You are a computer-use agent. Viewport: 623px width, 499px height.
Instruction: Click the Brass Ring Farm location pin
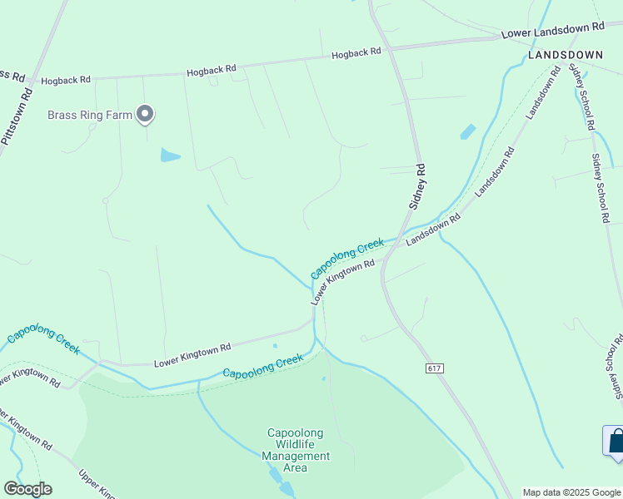pyautogui.click(x=146, y=113)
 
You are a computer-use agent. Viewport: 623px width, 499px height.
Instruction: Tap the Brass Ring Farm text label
pyautogui.click(x=90, y=115)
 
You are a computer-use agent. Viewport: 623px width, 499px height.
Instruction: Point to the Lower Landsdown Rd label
pyautogui.click(x=552, y=31)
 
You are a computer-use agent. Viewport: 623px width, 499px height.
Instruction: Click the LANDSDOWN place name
pyautogui.click(x=566, y=55)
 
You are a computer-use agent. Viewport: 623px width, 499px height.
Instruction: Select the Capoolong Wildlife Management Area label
pyautogui.click(x=296, y=450)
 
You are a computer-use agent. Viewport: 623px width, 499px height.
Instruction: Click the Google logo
pyautogui.click(x=27, y=489)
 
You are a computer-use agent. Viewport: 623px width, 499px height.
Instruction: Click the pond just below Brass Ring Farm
pyautogui.click(x=170, y=156)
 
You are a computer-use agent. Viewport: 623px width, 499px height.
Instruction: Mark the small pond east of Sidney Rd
pyautogui.click(x=468, y=131)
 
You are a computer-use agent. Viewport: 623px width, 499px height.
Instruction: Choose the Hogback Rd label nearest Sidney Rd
pyautogui.click(x=356, y=53)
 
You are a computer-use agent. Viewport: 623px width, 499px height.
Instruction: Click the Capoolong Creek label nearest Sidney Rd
pyautogui.click(x=347, y=259)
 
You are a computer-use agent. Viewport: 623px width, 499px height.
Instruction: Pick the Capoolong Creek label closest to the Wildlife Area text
pyautogui.click(x=262, y=366)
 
